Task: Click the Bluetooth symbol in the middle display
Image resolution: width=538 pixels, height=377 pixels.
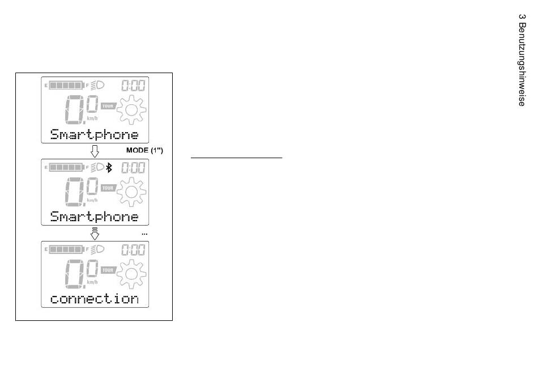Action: [x=109, y=168]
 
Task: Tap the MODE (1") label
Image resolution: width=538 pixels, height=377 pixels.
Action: [x=144, y=150]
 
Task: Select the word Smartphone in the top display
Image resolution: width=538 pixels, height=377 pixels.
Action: [x=95, y=134]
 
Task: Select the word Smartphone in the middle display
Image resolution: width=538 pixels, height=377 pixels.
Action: [x=95, y=217]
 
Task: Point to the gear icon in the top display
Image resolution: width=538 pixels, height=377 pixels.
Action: [x=131, y=110]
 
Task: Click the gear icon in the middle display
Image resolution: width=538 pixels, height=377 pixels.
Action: [x=131, y=192]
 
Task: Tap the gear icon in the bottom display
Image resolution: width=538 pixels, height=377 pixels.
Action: [x=131, y=274]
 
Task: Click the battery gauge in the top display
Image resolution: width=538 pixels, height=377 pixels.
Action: [x=67, y=85]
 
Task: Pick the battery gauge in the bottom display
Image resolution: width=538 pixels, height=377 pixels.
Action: [x=67, y=249]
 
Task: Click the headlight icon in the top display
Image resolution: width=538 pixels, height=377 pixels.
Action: [x=97, y=85]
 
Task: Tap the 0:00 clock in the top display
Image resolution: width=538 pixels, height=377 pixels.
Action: [x=133, y=86]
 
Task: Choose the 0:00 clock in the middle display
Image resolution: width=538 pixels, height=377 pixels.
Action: [x=133, y=168]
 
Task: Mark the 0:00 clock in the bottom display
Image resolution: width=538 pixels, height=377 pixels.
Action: [x=133, y=249]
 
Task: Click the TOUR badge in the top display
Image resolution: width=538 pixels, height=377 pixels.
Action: [x=108, y=106]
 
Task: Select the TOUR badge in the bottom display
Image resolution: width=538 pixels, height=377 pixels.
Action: [x=108, y=270]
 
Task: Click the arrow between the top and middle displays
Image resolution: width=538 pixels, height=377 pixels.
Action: [x=95, y=151]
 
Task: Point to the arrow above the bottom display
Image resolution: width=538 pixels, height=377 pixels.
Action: [x=95, y=234]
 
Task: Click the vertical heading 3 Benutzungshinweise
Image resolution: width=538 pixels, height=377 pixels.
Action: [x=522, y=60]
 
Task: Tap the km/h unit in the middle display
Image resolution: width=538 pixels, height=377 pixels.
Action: [x=92, y=200]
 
